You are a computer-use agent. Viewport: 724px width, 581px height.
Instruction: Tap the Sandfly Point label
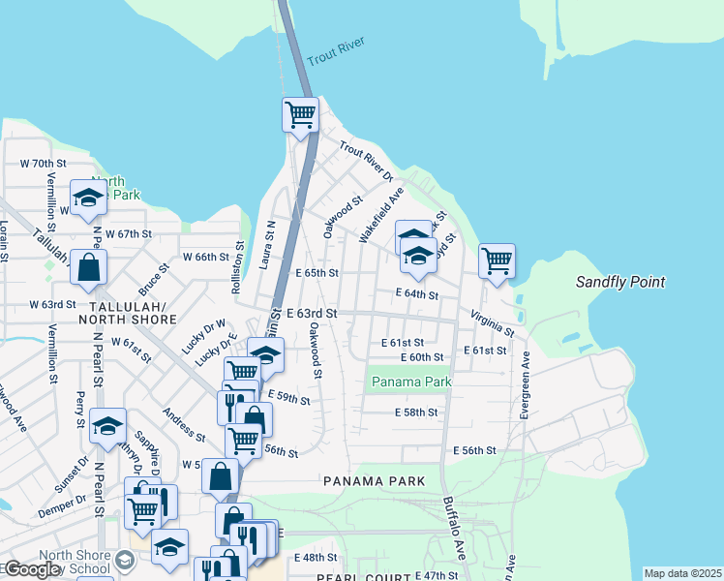620,282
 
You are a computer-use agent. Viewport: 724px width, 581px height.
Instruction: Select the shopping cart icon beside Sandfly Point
497,260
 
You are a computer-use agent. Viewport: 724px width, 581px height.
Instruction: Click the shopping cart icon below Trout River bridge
301,114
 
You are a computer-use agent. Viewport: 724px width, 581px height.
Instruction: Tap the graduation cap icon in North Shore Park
88,198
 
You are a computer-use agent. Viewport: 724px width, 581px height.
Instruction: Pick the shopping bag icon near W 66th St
88,269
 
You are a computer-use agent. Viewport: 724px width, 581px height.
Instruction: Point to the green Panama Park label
411,382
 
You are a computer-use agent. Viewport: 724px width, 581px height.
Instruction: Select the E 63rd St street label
312,314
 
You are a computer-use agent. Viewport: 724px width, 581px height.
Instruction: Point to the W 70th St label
42,164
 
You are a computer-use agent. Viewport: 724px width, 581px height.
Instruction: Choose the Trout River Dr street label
366,162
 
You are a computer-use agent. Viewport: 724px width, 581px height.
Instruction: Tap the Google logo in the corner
31,568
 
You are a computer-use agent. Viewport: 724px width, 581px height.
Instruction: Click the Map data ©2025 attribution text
681,573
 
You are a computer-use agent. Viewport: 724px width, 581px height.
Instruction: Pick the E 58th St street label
416,413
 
